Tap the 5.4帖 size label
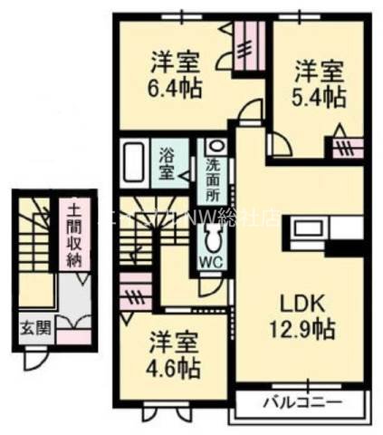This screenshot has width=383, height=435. pyautogui.click(x=319, y=94)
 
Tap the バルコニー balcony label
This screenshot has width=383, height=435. pyautogui.click(x=302, y=401)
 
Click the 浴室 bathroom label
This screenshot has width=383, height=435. pyautogui.click(x=168, y=160)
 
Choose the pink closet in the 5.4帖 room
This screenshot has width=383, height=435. pyautogui.click(x=345, y=145)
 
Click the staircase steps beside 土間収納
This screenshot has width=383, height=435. pyautogui.click(x=36, y=236)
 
